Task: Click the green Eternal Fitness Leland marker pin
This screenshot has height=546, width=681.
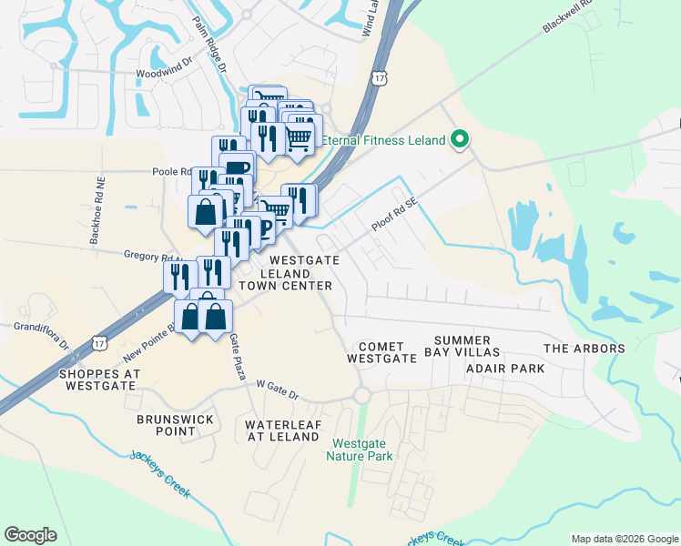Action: point(460,139)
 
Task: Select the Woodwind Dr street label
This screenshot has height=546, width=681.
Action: point(164,70)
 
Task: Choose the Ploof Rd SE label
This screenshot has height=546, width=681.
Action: point(392,216)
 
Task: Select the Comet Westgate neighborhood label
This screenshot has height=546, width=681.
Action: point(381,352)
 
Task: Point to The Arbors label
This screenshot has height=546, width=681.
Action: point(584,349)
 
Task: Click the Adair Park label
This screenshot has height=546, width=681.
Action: point(504,369)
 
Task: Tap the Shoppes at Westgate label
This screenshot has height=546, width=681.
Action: point(100,379)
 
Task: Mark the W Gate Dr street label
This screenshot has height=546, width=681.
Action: point(278,389)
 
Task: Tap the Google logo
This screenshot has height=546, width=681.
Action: point(30,535)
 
